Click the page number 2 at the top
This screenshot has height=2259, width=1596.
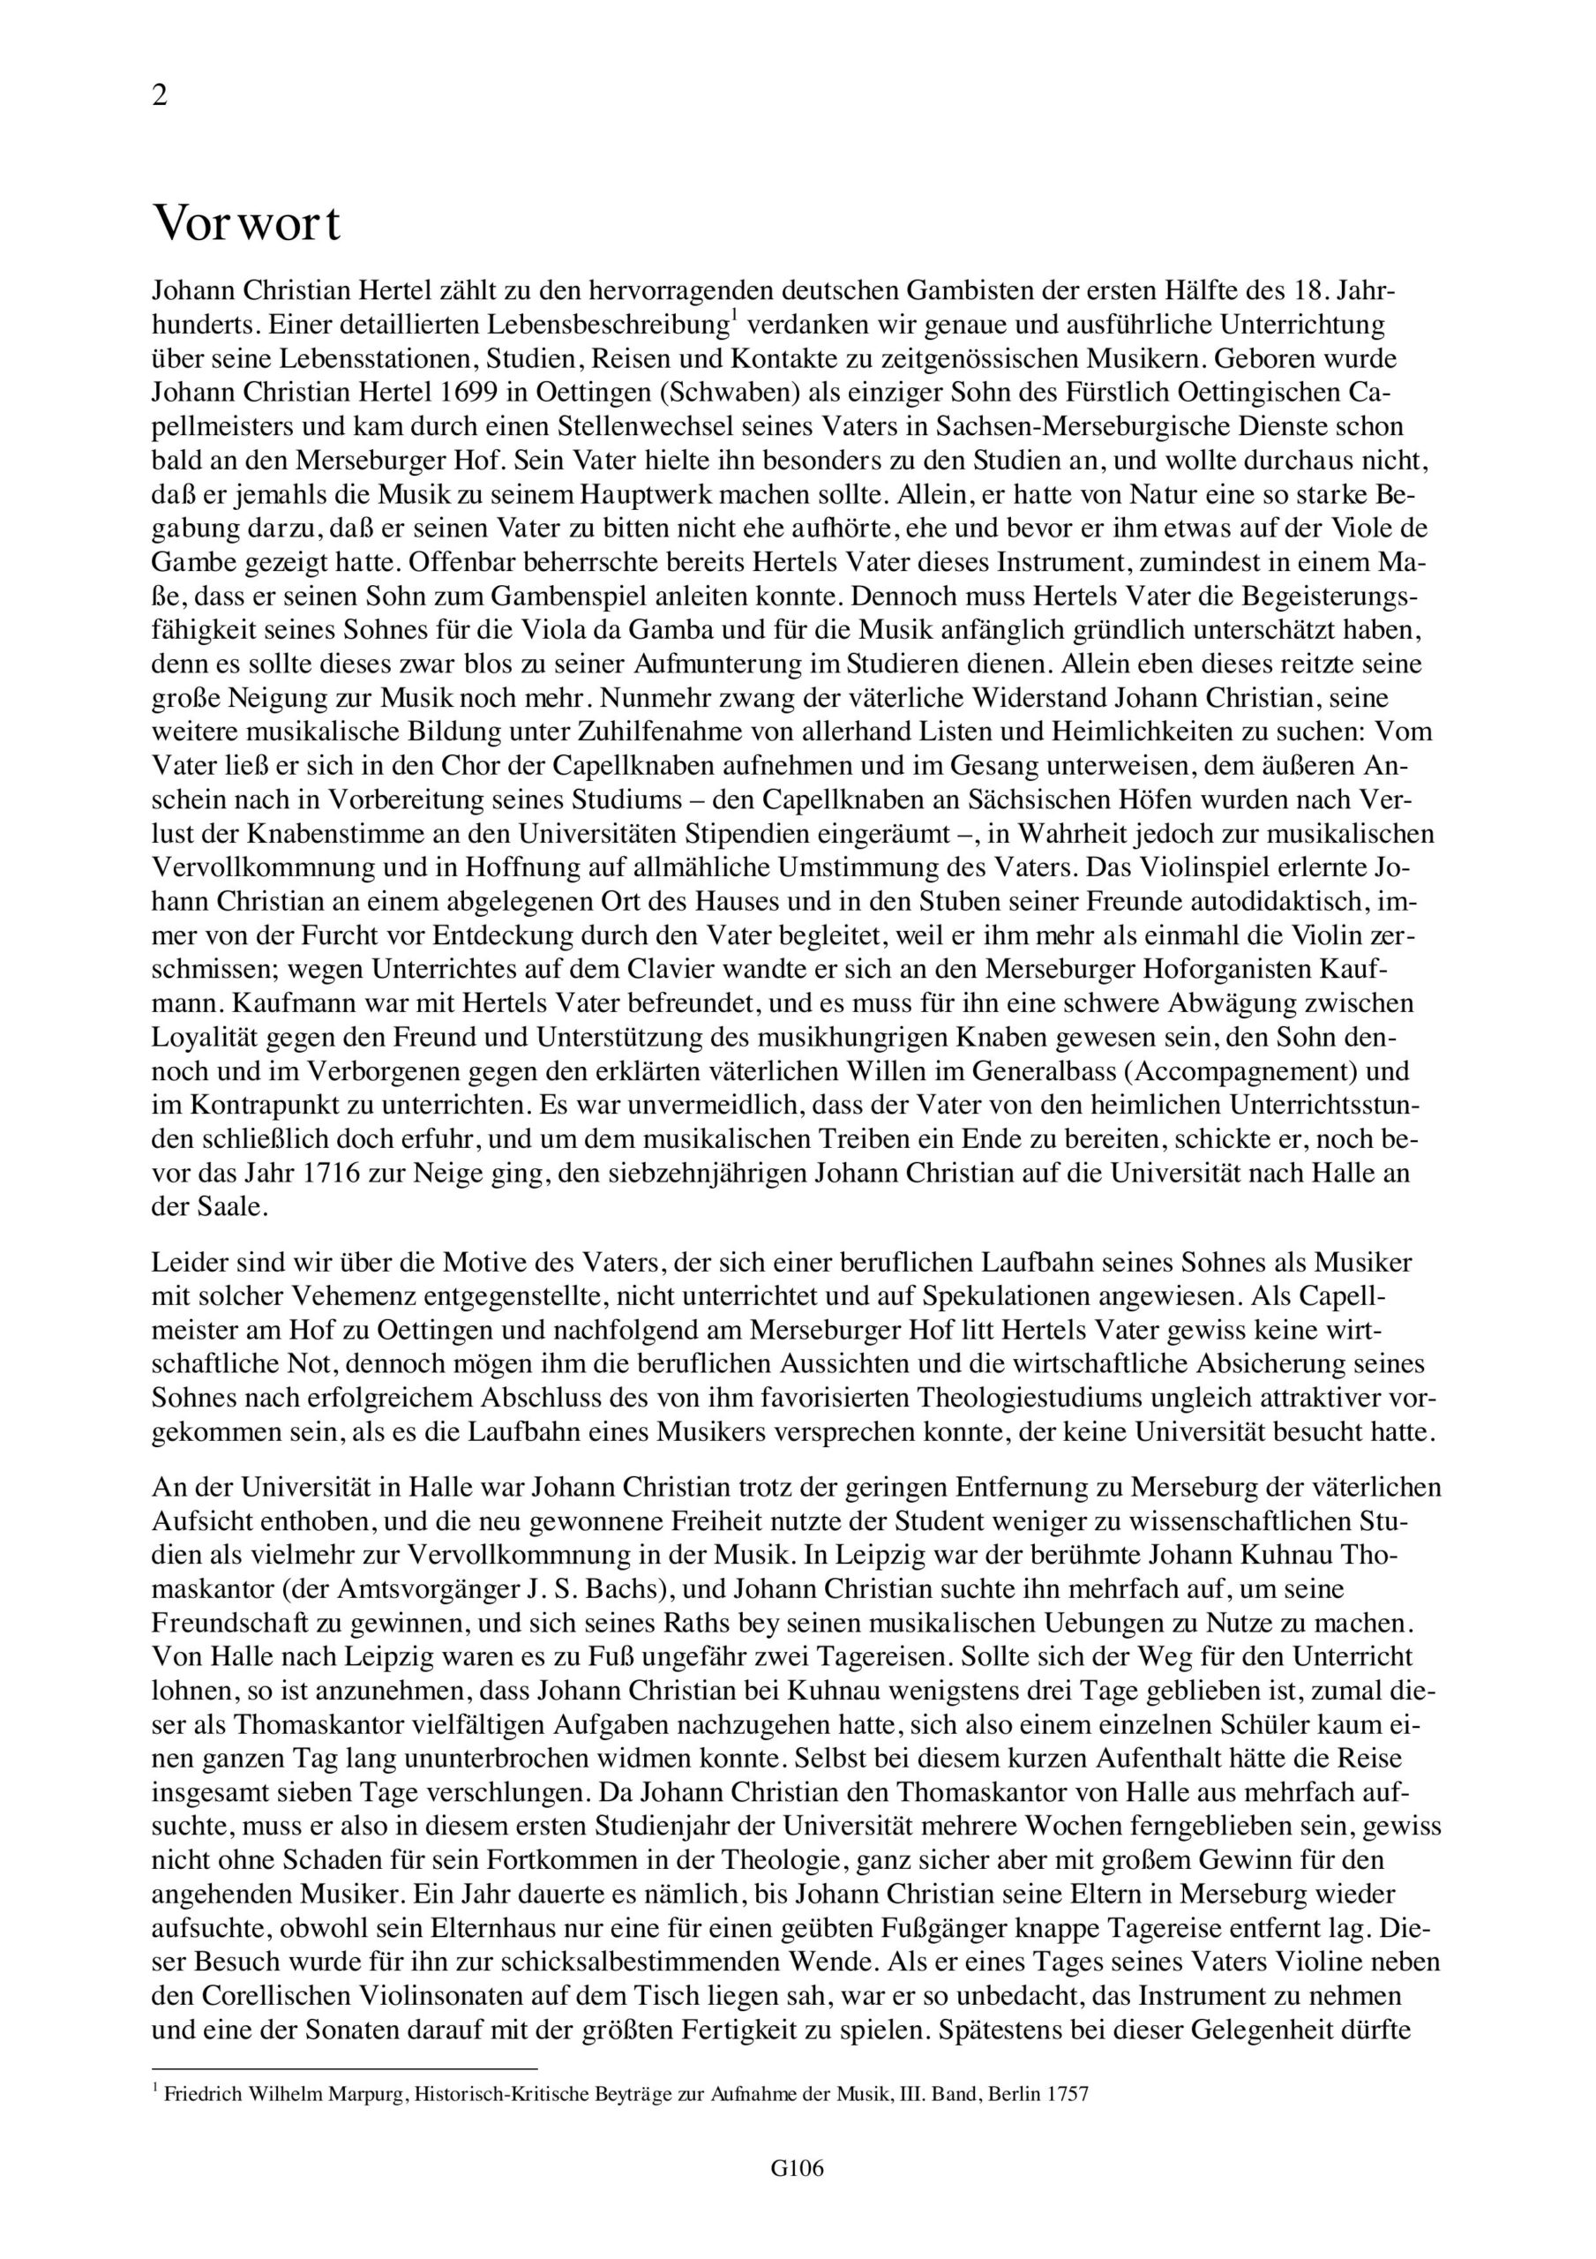tap(160, 96)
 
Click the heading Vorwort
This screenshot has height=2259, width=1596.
tap(246, 224)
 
